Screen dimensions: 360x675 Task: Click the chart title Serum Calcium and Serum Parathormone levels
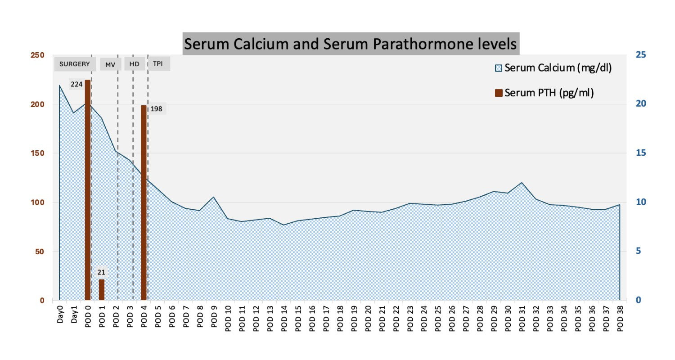351,44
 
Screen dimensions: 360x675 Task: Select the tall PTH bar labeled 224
88,189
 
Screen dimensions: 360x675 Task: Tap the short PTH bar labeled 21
102,290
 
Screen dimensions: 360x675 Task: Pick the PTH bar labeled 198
144,202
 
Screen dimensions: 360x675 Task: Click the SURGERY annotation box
75,64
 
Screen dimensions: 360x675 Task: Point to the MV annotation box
110,64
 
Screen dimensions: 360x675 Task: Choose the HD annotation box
134,64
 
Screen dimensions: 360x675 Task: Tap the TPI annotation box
158,64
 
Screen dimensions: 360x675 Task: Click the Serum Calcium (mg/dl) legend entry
553,68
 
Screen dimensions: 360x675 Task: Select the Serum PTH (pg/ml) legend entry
544,93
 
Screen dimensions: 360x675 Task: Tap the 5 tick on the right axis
639,251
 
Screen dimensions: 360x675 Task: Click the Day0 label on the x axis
60,320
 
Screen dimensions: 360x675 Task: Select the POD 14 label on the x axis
284,319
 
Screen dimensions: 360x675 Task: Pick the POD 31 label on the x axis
522,319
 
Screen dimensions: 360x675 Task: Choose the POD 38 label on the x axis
620,319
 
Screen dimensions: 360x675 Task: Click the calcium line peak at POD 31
522,183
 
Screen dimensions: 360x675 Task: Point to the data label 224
76,84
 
